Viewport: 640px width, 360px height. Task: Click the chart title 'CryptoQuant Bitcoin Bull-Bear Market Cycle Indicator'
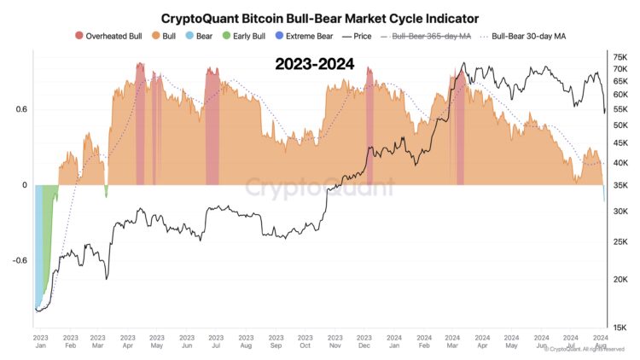pos(320,17)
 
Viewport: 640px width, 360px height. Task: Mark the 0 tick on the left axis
pos(25,185)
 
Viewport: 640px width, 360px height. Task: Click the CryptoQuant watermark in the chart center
pos(320,186)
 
